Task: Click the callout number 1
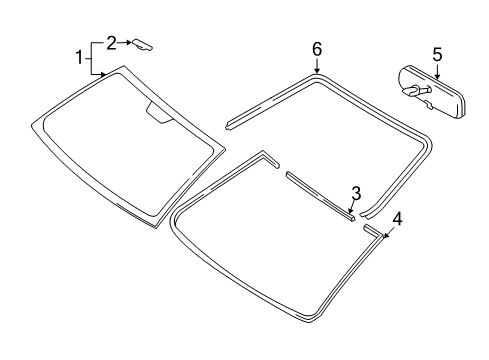(78, 58)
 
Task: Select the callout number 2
(112, 42)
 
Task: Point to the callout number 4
(397, 245)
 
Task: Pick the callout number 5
(436, 53)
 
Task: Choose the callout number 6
(317, 48)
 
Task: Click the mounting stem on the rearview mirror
(413, 90)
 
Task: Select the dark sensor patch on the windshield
(157, 112)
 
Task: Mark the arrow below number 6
(317, 65)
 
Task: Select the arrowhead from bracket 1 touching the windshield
(104, 75)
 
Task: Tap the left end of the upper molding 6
(232, 123)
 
